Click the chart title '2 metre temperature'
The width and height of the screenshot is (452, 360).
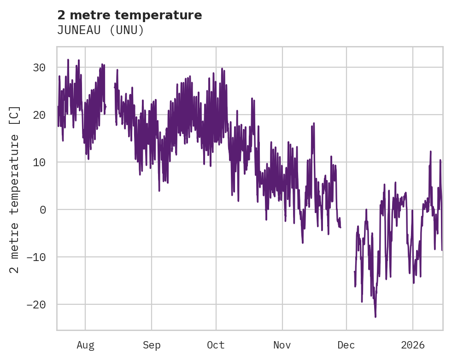[x=129, y=15]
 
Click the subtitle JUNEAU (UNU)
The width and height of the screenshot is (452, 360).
[x=100, y=30]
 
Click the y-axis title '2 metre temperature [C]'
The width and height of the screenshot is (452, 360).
[x=15, y=189]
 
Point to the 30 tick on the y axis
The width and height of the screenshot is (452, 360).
[x=40, y=68]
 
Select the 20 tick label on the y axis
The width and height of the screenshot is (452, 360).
[x=40, y=115]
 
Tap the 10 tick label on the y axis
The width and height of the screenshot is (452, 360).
[x=40, y=163]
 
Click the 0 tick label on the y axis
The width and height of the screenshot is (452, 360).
[x=43, y=210]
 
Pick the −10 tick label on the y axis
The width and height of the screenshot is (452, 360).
[x=37, y=257]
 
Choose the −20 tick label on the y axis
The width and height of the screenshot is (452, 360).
[x=37, y=305]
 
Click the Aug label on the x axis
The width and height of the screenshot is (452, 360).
[x=85, y=345]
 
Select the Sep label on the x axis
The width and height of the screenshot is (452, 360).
[x=151, y=345]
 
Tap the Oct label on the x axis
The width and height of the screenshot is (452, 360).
[x=216, y=345]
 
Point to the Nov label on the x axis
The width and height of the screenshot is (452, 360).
[x=282, y=345]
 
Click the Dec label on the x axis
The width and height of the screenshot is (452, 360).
[x=346, y=345]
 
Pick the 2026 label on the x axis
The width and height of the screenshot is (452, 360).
[x=413, y=345]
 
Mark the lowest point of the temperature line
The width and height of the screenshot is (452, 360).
[x=376, y=317]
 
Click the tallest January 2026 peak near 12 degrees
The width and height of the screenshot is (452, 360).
[x=430, y=151]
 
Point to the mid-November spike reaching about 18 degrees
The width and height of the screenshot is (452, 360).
[x=314, y=123]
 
